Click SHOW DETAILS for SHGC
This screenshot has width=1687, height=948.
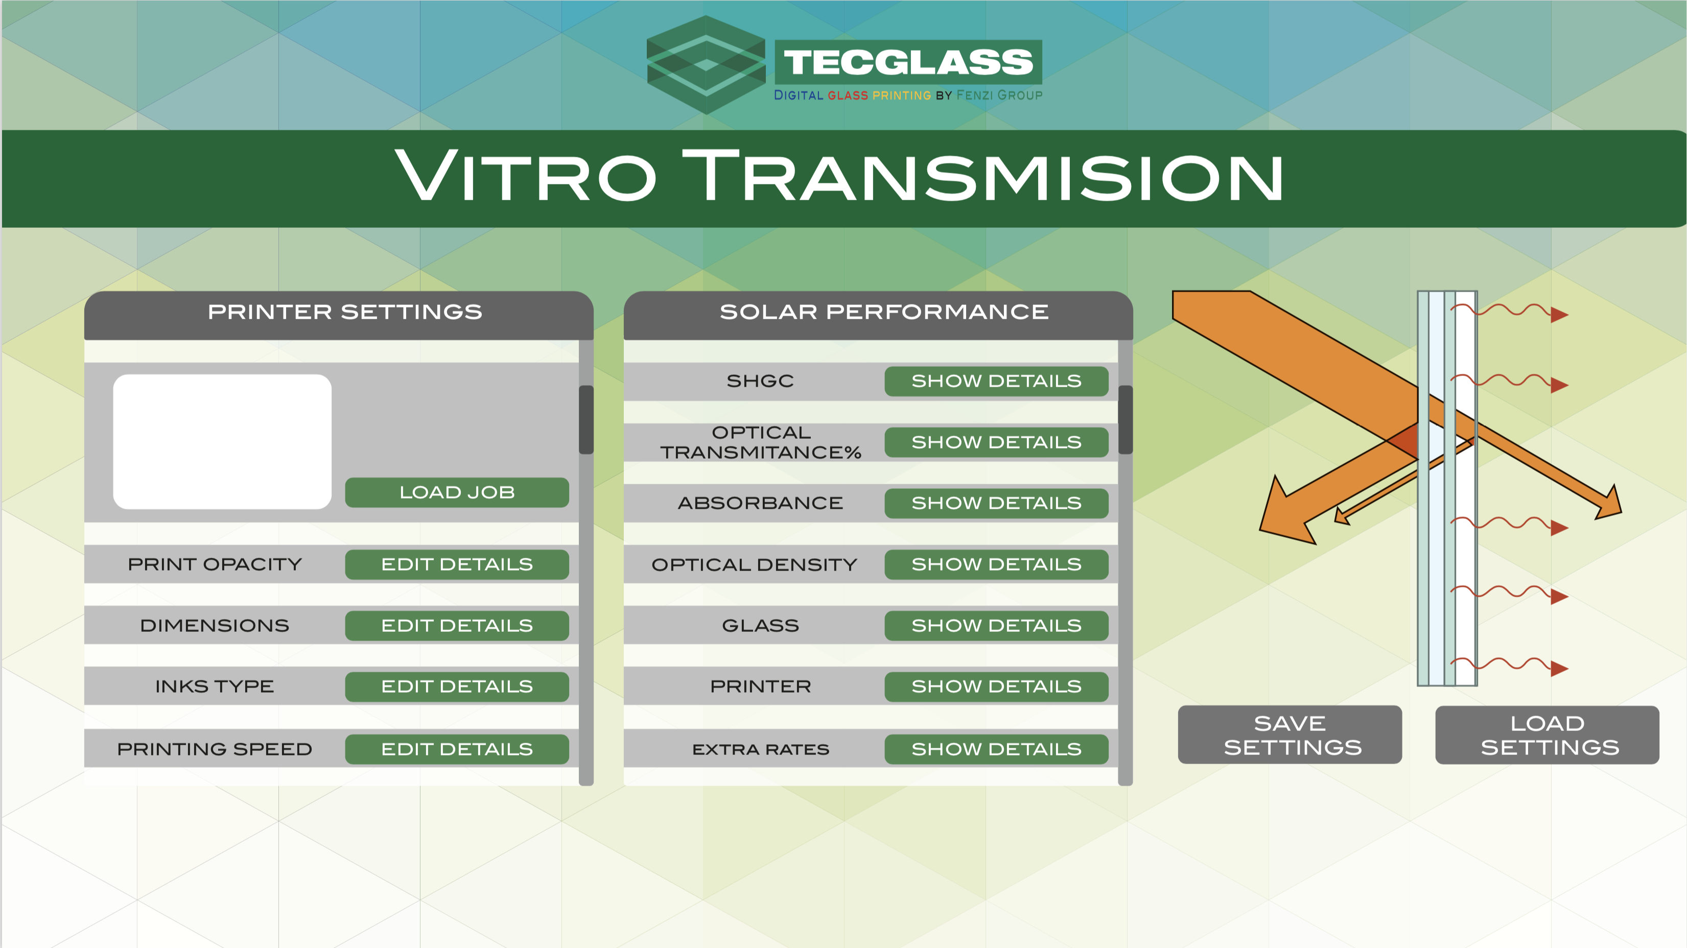(x=996, y=381)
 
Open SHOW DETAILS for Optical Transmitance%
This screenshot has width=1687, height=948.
(x=996, y=442)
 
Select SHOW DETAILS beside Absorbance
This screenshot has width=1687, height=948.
(x=996, y=503)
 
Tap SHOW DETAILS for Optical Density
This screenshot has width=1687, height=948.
(x=996, y=564)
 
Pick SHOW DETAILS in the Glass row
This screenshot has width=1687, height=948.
(x=996, y=625)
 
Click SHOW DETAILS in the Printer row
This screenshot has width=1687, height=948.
(x=996, y=686)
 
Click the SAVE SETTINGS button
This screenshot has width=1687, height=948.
(x=1290, y=734)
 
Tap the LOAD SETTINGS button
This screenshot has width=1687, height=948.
(x=1547, y=734)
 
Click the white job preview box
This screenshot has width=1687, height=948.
(x=222, y=441)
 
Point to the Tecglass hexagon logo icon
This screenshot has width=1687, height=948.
(x=706, y=64)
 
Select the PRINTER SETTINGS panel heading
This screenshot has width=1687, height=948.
(x=345, y=312)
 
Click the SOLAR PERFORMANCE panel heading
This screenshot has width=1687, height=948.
(x=884, y=312)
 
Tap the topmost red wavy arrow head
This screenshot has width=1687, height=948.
(x=1559, y=315)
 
